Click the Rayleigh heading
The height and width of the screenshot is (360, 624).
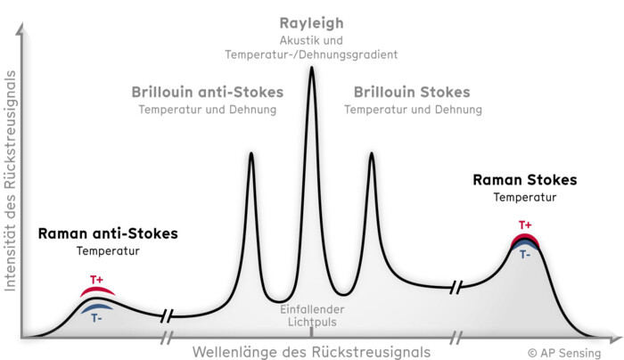click(x=311, y=23)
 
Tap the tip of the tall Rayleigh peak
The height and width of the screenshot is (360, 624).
click(x=312, y=67)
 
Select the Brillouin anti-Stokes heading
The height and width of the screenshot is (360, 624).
click(x=208, y=93)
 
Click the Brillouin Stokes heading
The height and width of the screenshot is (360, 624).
click(x=412, y=93)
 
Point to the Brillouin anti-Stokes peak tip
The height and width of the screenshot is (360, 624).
click(x=251, y=153)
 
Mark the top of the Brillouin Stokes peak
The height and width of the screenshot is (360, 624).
click(x=372, y=153)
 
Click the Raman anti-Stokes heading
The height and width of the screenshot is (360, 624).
click(x=108, y=233)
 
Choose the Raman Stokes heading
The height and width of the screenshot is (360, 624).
click(x=525, y=180)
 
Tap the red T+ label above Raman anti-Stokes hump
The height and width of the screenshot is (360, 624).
click(x=96, y=280)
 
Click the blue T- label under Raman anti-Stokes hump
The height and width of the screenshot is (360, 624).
click(x=96, y=318)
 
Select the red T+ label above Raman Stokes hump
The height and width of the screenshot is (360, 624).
click(x=525, y=225)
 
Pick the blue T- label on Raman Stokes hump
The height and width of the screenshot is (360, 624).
click(x=525, y=254)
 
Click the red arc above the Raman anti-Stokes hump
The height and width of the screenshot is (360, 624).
click(x=97, y=290)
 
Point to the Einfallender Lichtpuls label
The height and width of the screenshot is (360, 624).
click(x=312, y=315)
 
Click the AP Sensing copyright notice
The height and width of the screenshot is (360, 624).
click(x=564, y=353)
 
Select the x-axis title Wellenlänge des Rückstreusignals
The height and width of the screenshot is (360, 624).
click(x=312, y=352)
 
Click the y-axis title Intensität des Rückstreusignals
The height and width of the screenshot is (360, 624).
click(x=10, y=181)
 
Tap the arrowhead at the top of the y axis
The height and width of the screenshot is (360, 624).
click(x=21, y=28)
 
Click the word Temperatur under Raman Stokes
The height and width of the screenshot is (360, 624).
click(x=525, y=197)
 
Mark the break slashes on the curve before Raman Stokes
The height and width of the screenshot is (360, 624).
click(x=456, y=287)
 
